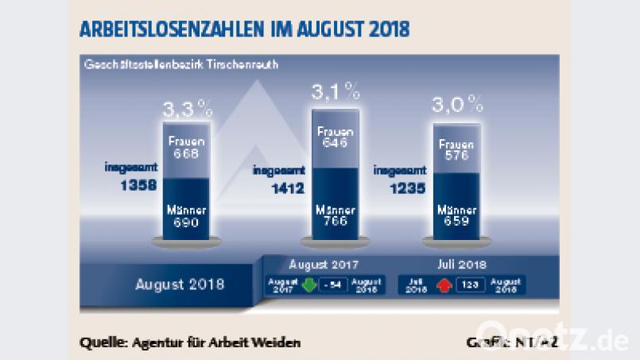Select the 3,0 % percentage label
457,104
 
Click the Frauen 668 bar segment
187,148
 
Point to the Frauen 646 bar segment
335,137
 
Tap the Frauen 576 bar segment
457,150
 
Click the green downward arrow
308,285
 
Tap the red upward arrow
442,285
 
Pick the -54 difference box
332,285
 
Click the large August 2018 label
180,284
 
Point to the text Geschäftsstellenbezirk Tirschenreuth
180,64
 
